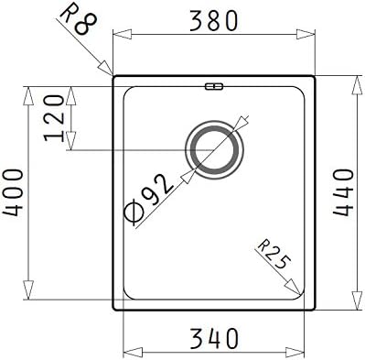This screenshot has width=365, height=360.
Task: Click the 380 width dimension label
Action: click(x=213, y=21)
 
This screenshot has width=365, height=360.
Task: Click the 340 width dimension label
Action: click(x=213, y=338)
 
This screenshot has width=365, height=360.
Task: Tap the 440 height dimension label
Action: click(x=344, y=192)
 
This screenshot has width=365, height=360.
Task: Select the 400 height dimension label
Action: click(x=13, y=192)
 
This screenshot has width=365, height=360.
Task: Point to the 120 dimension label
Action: click(x=54, y=118)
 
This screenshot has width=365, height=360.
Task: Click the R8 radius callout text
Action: click(x=80, y=19)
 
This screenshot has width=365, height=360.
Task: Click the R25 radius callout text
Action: click(x=274, y=255)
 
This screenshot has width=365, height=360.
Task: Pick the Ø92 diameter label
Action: click(x=148, y=199)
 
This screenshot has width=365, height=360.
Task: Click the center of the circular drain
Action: click(x=214, y=150)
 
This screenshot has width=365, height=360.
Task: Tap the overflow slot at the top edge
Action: click(x=214, y=87)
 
